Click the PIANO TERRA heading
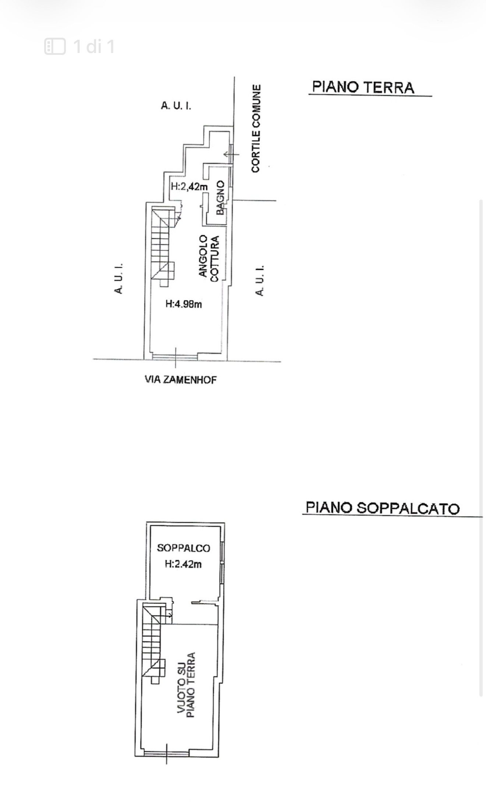tap(363, 87)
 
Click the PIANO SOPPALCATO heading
tap(383, 508)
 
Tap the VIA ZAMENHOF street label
tap(180, 380)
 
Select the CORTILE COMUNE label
tap(256, 128)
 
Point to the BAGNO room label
tap(221, 197)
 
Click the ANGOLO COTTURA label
tap(209, 258)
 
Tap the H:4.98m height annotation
tap(184, 304)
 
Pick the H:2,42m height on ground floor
tap(189, 187)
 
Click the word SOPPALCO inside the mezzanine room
tap(183, 548)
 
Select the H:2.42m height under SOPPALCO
tap(183, 564)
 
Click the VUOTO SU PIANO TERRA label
tap(186, 686)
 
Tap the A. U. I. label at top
tap(176, 106)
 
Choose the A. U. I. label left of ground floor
tap(118, 278)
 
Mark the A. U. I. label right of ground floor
tap(260, 281)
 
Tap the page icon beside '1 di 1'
tap(55, 46)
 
